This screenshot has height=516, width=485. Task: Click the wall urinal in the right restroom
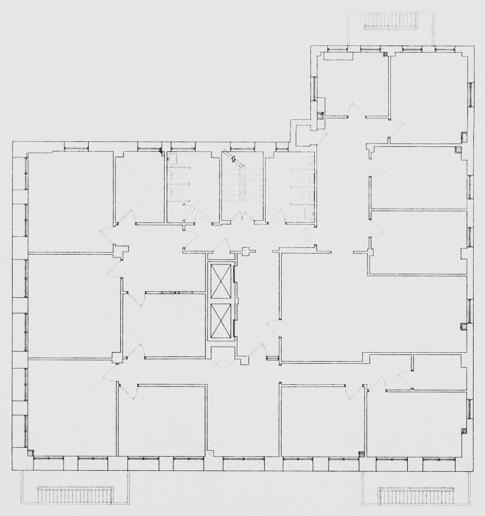311,160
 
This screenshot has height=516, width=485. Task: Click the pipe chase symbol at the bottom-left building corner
30,453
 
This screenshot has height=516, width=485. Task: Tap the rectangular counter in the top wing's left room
338,56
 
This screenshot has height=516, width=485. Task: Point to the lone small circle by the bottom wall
210,454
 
